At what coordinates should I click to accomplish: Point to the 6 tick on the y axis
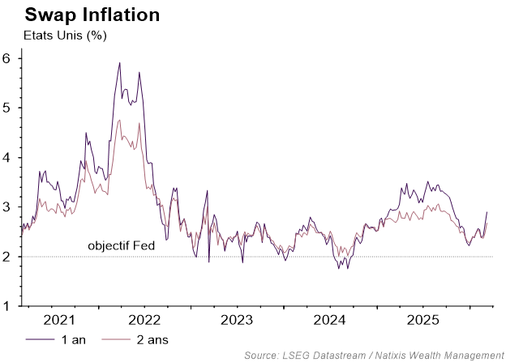6,58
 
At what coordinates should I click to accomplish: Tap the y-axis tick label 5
6,108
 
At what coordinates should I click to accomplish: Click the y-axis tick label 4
6,157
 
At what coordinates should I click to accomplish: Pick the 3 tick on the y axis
6,207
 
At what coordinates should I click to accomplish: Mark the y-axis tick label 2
6,257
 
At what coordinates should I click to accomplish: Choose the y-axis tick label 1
6,306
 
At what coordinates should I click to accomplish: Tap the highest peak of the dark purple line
119,62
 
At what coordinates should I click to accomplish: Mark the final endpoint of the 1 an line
487,212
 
